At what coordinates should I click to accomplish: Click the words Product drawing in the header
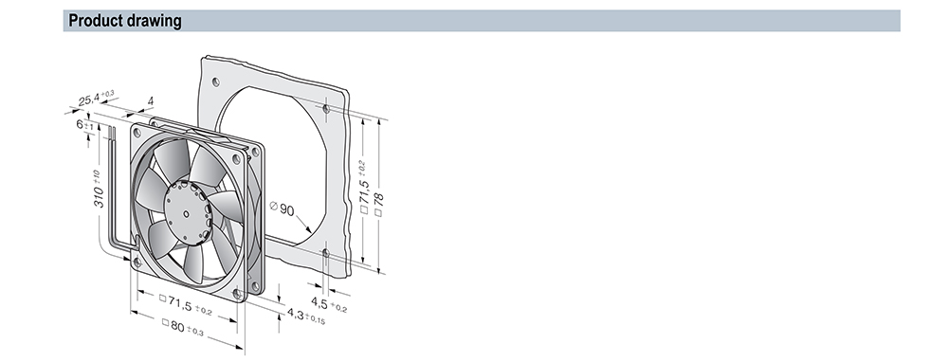[125, 21]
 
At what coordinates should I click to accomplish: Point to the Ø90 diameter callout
[283, 209]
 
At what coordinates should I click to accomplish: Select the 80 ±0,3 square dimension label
[183, 328]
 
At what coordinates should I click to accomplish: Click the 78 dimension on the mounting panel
[379, 205]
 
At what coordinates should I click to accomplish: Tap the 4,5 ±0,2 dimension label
[329, 304]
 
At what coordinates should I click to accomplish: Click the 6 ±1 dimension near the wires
[84, 125]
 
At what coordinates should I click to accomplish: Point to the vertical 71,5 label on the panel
[363, 187]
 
